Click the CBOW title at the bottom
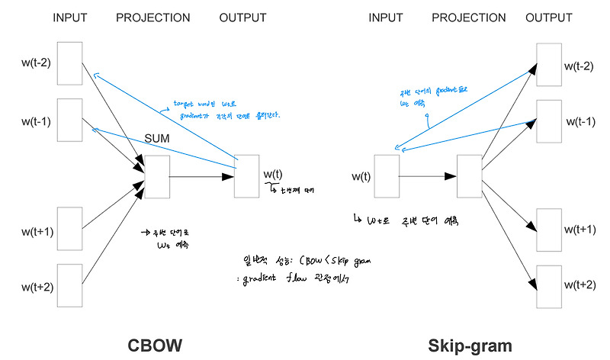[155, 345]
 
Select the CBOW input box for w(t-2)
[69, 63]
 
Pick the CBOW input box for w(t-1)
[69, 120]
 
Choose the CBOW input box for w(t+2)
[69, 285]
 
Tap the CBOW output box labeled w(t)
[247, 177]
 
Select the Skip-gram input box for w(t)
[387, 177]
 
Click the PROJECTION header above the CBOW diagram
[153, 17]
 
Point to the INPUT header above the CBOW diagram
[69, 17]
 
